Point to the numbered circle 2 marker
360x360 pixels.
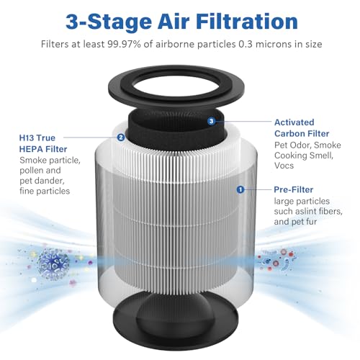[121, 137]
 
